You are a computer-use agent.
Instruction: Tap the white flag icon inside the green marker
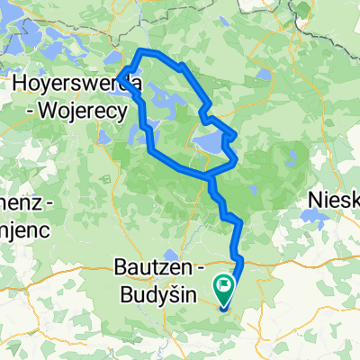tap(223, 287)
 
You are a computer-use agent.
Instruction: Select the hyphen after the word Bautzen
tap(194, 268)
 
